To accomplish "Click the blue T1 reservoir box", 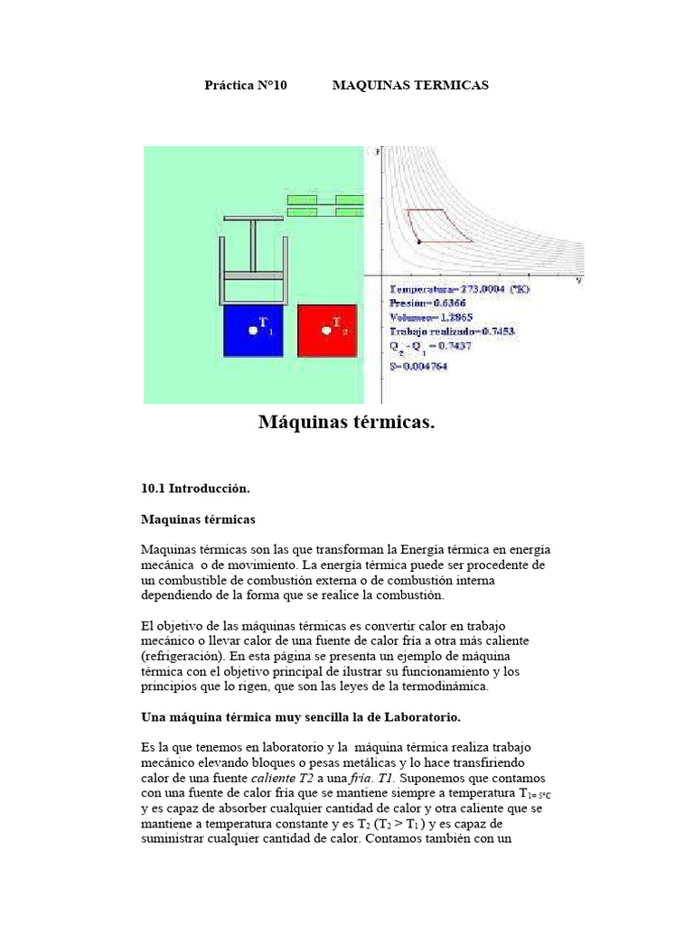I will point(252,330).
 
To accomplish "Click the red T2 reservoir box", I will point(327,330).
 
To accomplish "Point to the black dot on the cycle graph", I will point(418,241).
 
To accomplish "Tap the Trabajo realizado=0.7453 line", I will point(452,332).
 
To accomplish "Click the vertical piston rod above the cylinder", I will point(254,244).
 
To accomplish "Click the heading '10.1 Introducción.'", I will point(195,488).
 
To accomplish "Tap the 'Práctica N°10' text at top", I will point(246,85).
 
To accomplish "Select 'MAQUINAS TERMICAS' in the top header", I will point(410,85).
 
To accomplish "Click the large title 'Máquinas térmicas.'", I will point(347,422).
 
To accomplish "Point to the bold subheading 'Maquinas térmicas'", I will point(199,519).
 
